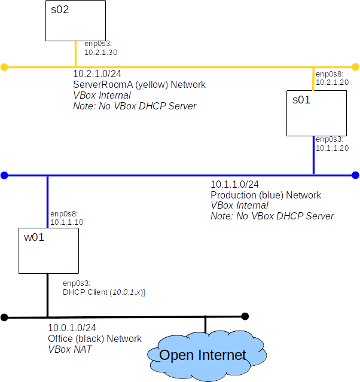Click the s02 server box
(x=76, y=20)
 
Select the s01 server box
(x=316, y=113)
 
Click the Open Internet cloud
(x=203, y=355)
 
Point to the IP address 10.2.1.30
(x=100, y=53)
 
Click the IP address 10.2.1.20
(x=332, y=82)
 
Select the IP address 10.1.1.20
(x=332, y=148)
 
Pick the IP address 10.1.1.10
(x=66, y=222)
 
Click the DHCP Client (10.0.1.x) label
(x=104, y=292)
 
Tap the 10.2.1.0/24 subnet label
(x=97, y=74)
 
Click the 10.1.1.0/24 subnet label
(x=234, y=185)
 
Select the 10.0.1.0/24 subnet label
(x=72, y=328)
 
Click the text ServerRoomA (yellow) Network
(x=139, y=85)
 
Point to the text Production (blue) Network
(x=266, y=195)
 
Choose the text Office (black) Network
(x=94, y=339)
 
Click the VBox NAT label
(x=70, y=350)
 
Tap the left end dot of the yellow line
(x=4, y=67)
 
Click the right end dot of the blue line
(x=355, y=175)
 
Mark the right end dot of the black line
(x=245, y=316)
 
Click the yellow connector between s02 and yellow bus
(x=75, y=54)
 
